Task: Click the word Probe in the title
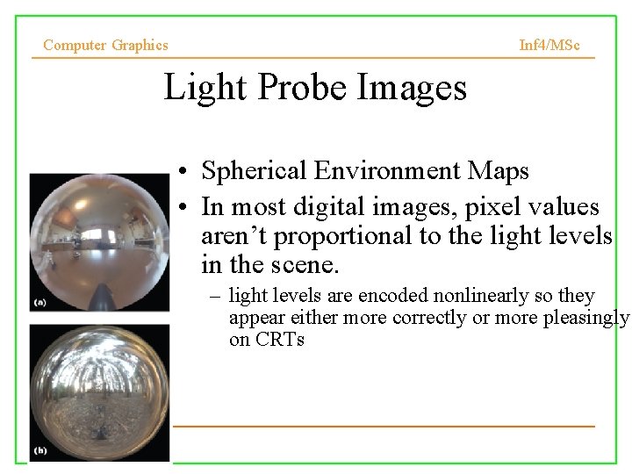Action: (x=299, y=89)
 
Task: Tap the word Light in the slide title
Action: (x=198, y=88)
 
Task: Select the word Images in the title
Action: (x=412, y=89)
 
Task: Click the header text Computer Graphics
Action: (x=105, y=45)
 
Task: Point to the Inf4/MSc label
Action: (x=549, y=45)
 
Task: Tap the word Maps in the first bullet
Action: (x=499, y=170)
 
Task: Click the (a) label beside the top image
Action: (x=40, y=302)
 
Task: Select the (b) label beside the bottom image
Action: (x=40, y=450)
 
